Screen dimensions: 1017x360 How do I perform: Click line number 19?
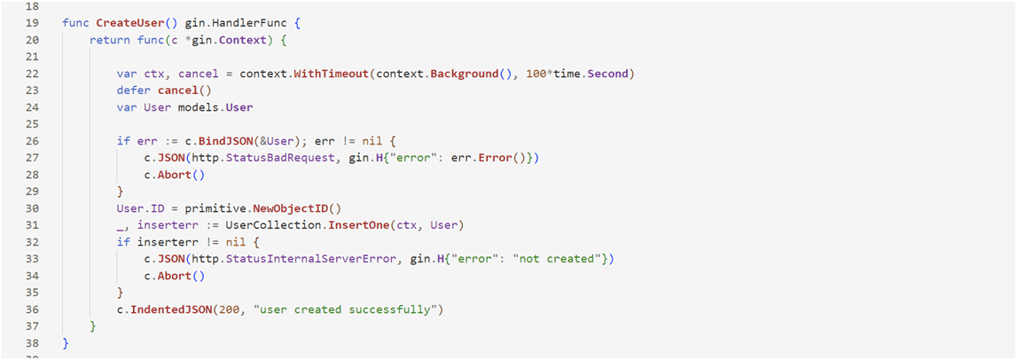32,22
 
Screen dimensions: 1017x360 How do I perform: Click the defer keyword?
133,90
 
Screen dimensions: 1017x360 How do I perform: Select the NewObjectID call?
291,208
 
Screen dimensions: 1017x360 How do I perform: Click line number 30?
32,208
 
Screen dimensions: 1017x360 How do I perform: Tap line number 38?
32,343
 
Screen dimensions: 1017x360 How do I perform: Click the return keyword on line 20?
110,40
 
